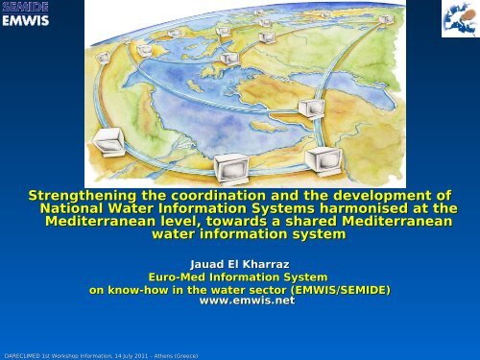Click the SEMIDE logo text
pyautogui.click(x=25, y=7)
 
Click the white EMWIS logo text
pyautogui.click(x=26, y=21)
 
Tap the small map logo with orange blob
pyautogui.click(x=461, y=19)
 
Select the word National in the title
pyautogui.click(x=71, y=208)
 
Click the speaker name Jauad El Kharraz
pyautogui.click(x=240, y=264)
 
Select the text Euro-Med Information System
pyautogui.click(x=238, y=276)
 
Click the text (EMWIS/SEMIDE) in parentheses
pyautogui.click(x=341, y=290)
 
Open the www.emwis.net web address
pyautogui.click(x=247, y=300)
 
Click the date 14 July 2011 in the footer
pyautogui.click(x=132, y=356)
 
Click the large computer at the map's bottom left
pyautogui.click(x=108, y=142)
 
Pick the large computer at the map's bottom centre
pyautogui.click(x=231, y=169)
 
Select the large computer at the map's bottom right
pyautogui.click(x=324, y=161)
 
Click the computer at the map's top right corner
pyautogui.click(x=386, y=19)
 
